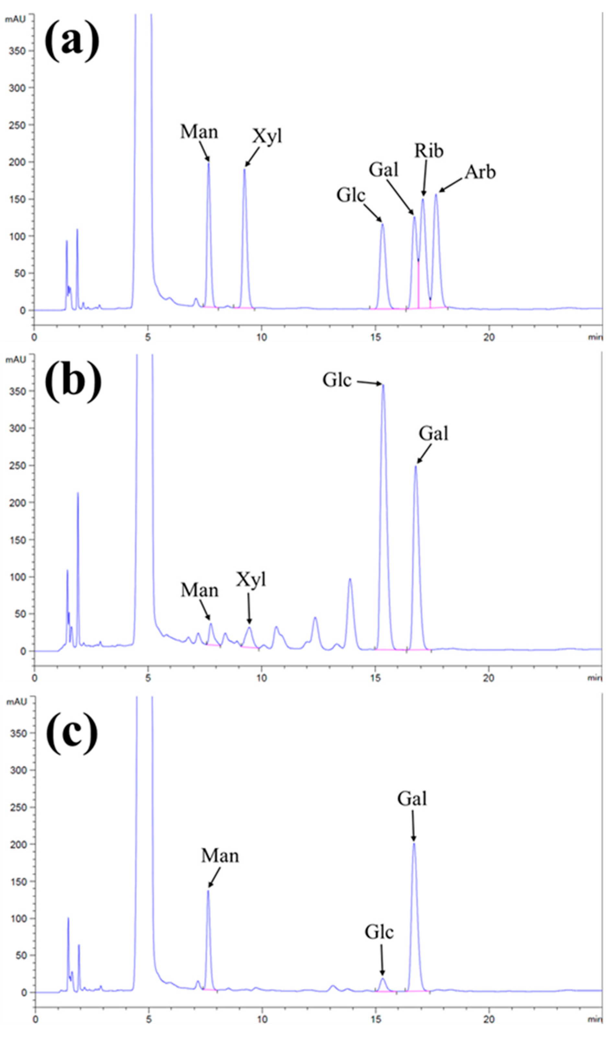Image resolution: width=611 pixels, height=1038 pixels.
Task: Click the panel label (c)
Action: coord(72,733)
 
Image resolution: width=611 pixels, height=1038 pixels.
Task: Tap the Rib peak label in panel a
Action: coord(429,150)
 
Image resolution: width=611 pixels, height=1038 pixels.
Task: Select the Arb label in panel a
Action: coord(480,172)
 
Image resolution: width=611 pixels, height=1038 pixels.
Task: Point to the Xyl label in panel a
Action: coord(267,136)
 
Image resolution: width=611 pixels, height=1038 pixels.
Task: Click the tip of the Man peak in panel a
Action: coord(209,163)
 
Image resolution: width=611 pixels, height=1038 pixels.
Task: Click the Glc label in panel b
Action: coord(337,380)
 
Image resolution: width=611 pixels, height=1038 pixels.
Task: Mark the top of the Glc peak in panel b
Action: coord(383,385)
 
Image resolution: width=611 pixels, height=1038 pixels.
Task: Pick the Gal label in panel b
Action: coord(433,434)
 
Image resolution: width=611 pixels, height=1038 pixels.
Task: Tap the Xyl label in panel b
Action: coord(251,580)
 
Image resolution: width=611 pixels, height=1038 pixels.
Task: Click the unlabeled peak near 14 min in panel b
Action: coord(350,580)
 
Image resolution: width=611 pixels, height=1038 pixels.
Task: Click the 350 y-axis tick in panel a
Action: coord(17,51)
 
